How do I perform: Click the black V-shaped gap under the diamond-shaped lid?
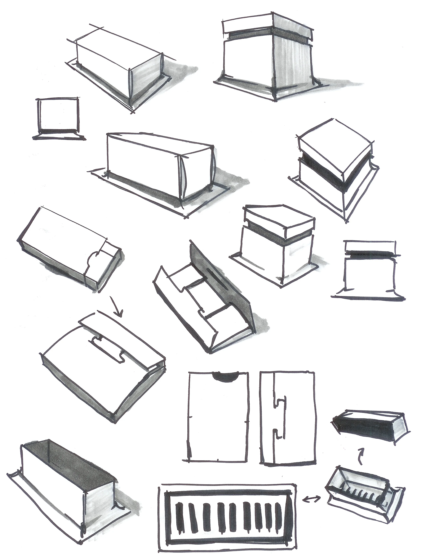coord(336,174)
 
